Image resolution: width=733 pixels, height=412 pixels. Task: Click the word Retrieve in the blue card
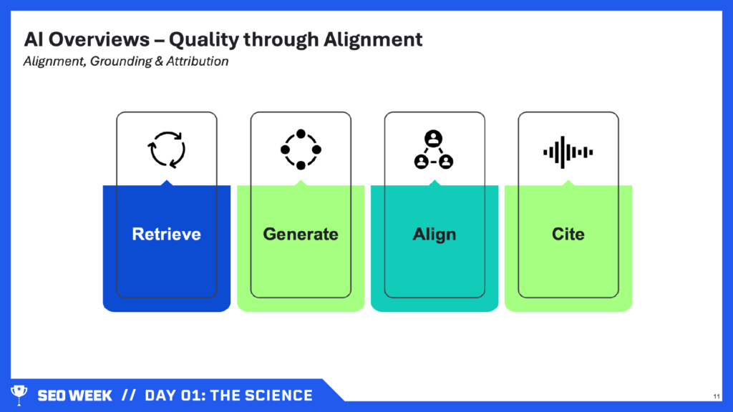pyautogui.click(x=166, y=234)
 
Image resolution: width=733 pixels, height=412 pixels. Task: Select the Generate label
pyautogui.click(x=301, y=234)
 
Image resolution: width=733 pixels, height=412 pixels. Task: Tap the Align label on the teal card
pyautogui.click(x=435, y=235)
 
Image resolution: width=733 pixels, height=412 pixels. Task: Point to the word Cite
pyautogui.click(x=568, y=234)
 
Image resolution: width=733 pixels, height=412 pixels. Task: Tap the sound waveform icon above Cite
pyautogui.click(x=568, y=152)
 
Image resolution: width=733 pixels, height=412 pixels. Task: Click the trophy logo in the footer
pyautogui.click(x=19, y=394)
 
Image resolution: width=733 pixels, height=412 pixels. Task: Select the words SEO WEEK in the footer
pyautogui.click(x=74, y=396)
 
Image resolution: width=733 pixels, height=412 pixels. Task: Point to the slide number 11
pyautogui.click(x=717, y=396)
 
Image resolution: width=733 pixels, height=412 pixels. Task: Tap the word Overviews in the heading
pyautogui.click(x=99, y=39)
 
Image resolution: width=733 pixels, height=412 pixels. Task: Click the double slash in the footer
pyautogui.click(x=129, y=396)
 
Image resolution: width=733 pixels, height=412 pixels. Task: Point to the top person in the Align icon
pyautogui.click(x=433, y=139)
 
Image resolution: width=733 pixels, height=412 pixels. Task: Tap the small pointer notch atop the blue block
pyautogui.click(x=166, y=182)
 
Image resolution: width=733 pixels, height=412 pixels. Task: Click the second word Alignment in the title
pyautogui.click(x=373, y=40)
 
